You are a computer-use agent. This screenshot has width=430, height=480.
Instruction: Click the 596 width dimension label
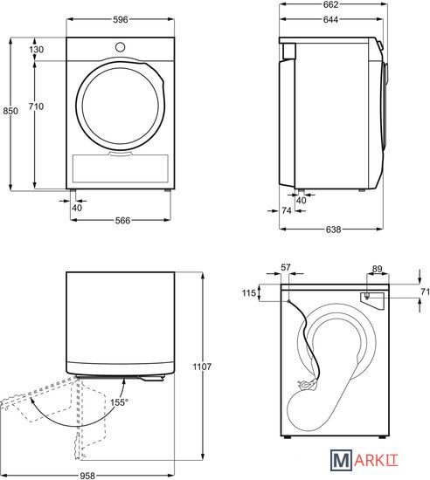point(120,19)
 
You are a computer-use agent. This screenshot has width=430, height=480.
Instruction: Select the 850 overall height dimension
point(10,111)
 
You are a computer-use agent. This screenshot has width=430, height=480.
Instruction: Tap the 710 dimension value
point(36,106)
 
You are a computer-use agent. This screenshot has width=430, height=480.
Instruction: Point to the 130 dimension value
point(37,49)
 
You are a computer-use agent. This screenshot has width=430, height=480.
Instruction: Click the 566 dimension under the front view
point(122,221)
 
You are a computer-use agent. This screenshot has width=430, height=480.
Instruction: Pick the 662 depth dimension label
point(330,4)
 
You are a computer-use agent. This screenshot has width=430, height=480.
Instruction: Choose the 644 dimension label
point(330,19)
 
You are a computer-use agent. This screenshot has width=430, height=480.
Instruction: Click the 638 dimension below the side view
point(333,230)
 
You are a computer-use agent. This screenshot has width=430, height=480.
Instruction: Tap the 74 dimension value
point(287,210)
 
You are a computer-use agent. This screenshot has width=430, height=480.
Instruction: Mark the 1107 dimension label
point(202,367)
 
